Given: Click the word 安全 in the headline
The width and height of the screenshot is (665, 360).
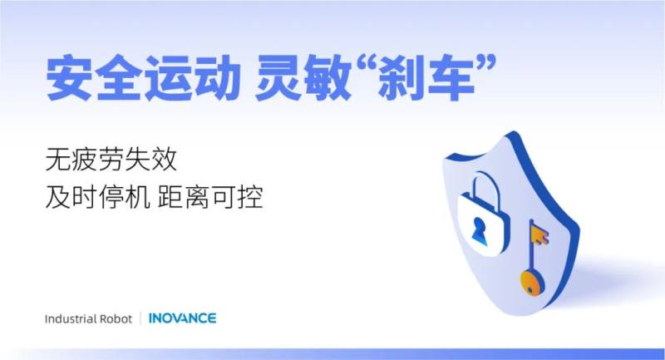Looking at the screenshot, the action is click(93, 78).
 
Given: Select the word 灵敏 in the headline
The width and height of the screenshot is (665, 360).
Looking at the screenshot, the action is click(303, 78).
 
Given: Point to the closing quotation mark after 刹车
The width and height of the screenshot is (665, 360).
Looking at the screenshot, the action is click(485, 67).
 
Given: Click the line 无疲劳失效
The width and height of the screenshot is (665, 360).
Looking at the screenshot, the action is click(111, 160).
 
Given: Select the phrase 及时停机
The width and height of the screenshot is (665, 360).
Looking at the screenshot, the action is click(97, 197).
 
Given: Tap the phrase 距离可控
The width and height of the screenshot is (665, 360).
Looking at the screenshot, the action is click(210, 197).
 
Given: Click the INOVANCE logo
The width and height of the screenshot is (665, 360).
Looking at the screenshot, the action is click(182, 318).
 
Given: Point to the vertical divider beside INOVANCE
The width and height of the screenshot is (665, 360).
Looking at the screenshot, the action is click(140, 318).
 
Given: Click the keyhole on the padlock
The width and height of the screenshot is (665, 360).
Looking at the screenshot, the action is click(480, 230).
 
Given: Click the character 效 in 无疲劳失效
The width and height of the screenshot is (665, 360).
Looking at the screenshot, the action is click(164, 160).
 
